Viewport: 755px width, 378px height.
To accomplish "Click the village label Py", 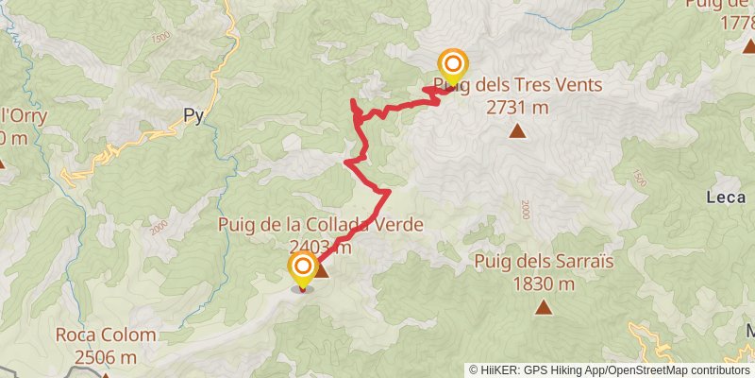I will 193,116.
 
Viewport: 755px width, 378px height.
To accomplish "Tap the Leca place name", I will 724,197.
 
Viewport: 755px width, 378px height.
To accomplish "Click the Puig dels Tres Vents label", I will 517,86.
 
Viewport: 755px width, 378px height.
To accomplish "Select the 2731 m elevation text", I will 517,107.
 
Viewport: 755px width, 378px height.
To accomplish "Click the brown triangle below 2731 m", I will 517,130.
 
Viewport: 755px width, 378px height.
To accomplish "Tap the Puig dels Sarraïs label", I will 538,261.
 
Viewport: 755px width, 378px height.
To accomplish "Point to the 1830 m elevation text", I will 544,283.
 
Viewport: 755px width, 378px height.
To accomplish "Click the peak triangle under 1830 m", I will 544,306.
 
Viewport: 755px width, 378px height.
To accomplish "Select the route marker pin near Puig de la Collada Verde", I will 303,268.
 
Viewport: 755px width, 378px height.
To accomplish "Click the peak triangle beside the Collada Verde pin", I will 321,272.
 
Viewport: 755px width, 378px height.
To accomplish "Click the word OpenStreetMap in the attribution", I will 643,369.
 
